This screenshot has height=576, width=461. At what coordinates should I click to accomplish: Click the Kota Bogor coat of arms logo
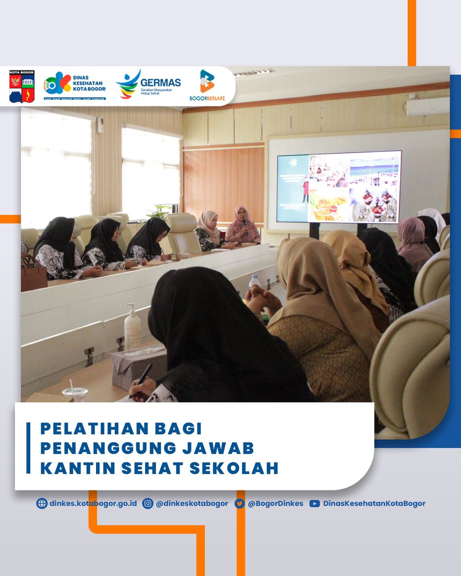pyautogui.click(x=22, y=86)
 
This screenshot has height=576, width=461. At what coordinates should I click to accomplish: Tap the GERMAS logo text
pyautogui.click(x=160, y=83)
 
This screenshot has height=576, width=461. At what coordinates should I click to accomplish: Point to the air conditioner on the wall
pyautogui.click(x=427, y=107)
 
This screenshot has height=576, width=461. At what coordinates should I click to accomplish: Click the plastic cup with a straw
pyautogui.click(x=75, y=392)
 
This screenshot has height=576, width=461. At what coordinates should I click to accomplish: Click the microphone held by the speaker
pyautogui.click(x=244, y=224)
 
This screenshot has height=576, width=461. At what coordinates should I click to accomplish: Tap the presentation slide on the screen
pyautogui.click(x=339, y=187)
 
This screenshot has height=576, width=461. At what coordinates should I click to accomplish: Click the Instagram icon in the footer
pyautogui.click(x=148, y=504)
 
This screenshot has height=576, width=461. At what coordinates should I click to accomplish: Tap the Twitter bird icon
pyautogui.click(x=240, y=504)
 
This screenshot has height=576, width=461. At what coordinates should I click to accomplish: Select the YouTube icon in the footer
pyautogui.click(x=315, y=504)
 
